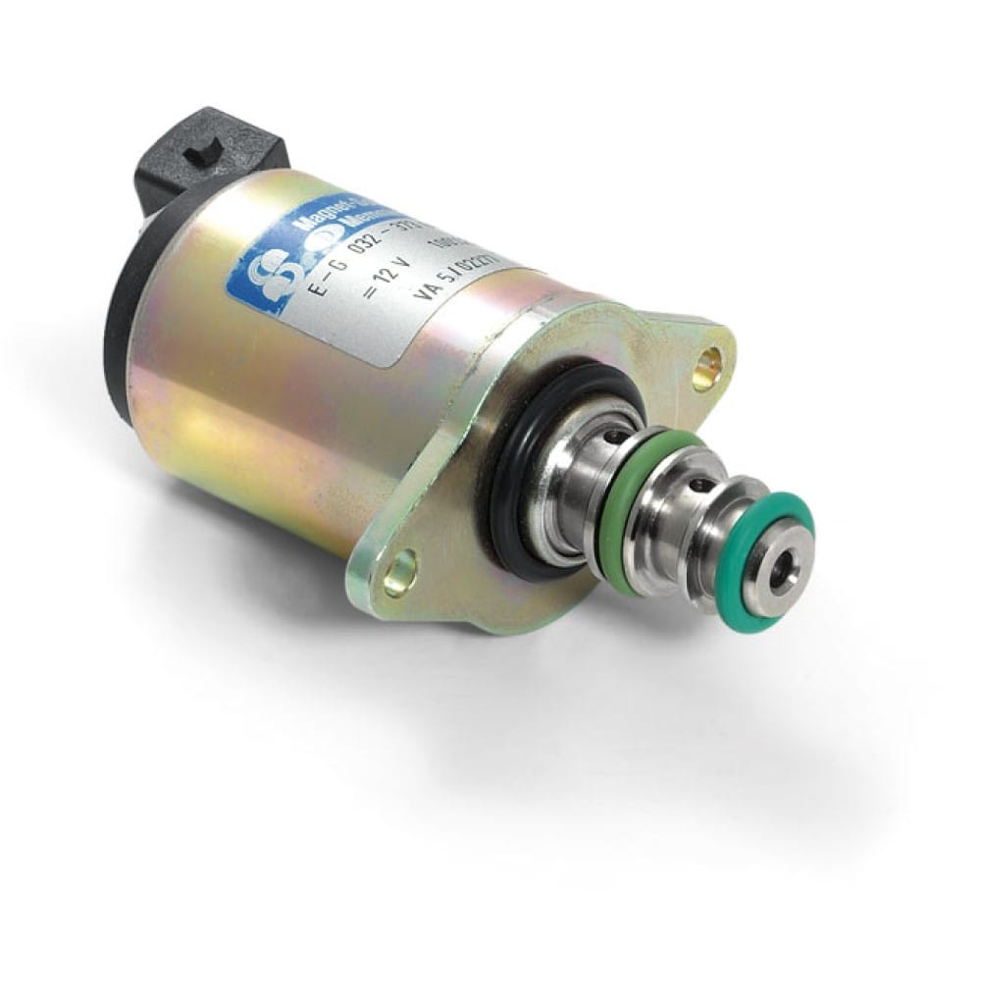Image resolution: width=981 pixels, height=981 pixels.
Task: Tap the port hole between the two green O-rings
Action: (700, 481)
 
